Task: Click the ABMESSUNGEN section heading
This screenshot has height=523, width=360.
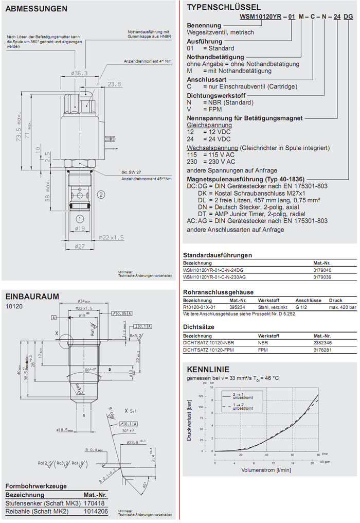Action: coord(36,9)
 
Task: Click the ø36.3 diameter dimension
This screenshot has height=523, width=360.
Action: coord(80,74)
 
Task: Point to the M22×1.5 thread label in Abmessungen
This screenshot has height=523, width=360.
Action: coord(112,237)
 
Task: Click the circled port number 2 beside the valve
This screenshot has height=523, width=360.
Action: coord(101,194)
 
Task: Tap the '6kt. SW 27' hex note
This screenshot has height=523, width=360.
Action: coord(131,172)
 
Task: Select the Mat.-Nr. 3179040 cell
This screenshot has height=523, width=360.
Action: coord(322,269)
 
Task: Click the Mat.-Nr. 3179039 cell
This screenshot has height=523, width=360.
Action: coord(322,277)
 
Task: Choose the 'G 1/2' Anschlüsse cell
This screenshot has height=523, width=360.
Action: coord(302,307)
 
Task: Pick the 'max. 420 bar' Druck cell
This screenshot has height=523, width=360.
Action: coord(341,307)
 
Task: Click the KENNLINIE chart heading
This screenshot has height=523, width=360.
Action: coord(208,369)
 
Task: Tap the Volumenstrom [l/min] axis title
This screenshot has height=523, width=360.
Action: coord(266,470)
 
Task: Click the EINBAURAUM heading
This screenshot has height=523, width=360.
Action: coord(32,296)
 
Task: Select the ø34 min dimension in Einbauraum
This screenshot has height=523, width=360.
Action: coord(84,301)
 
